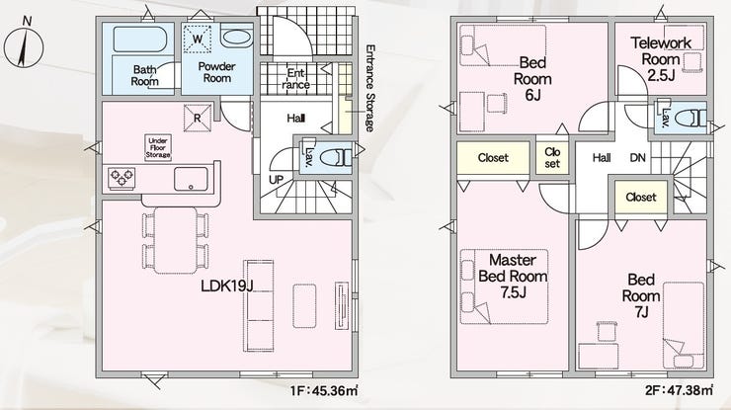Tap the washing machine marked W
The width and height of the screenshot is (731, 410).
point(198,40)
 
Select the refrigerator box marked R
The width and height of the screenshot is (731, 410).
point(198,118)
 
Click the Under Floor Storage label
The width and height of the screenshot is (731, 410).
point(158,148)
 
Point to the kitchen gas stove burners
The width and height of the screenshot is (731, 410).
point(122,178)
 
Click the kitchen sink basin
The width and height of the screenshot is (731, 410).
point(191,179)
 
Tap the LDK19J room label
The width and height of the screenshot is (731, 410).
point(226,286)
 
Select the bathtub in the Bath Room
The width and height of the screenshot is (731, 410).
point(140,40)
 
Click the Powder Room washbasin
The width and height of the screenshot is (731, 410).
point(236,38)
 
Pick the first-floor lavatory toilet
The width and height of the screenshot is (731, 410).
point(336,157)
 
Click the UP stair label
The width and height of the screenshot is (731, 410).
point(277,179)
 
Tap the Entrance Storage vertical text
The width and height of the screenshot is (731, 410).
point(370,88)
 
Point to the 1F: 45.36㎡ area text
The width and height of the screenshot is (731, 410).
point(324,391)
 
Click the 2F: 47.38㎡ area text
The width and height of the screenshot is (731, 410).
point(680,391)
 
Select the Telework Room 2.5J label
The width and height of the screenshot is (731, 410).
point(661,59)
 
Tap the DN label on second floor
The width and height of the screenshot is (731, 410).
point(638,158)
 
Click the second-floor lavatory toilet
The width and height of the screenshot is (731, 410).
point(690,118)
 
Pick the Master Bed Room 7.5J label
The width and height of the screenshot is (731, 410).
point(513,276)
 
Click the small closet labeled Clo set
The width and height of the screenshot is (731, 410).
point(552,158)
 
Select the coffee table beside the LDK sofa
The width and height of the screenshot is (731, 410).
point(304,305)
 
